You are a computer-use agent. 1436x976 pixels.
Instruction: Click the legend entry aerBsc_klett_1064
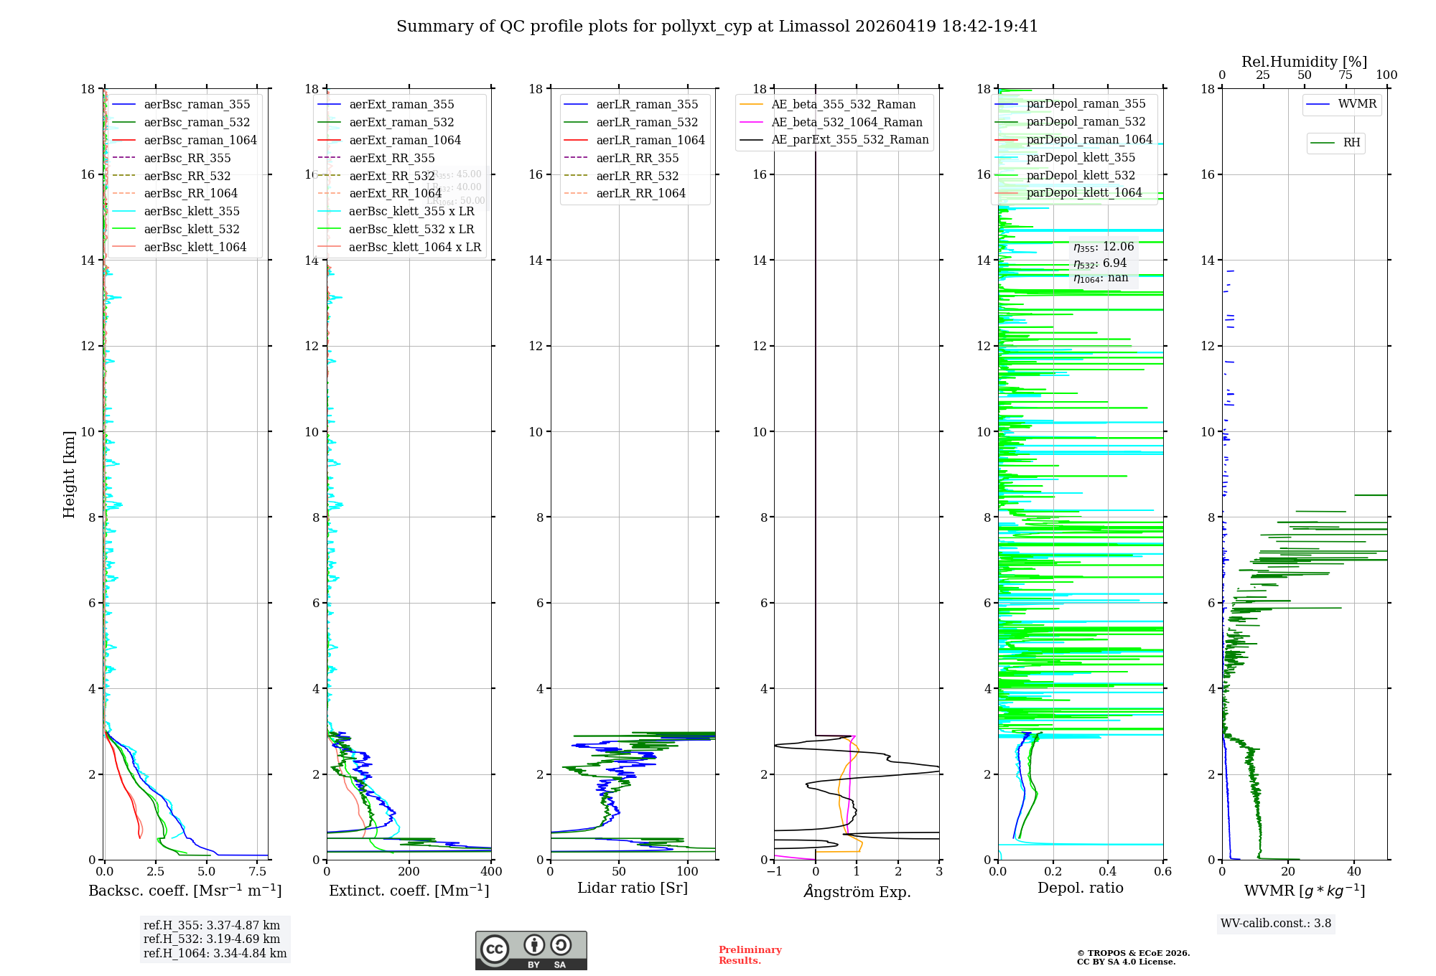click(x=195, y=247)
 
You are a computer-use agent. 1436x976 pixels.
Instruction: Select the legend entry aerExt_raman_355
click(x=401, y=105)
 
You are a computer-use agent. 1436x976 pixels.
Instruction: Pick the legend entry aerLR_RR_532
click(x=637, y=176)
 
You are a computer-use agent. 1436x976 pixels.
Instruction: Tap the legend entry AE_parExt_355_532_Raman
click(x=849, y=140)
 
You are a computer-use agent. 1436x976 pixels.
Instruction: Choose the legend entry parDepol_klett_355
click(x=1081, y=157)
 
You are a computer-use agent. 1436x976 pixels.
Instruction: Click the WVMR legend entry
click(x=1357, y=104)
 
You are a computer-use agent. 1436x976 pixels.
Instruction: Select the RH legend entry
click(x=1351, y=143)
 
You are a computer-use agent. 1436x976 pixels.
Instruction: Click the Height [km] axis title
click(x=69, y=474)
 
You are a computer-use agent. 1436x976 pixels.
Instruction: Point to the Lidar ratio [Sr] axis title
click(x=633, y=888)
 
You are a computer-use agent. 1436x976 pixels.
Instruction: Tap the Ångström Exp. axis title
click(x=857, y=891)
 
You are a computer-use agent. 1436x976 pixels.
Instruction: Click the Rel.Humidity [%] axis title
click(x=1304, y=62)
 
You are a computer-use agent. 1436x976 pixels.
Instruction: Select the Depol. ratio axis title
click(x=1080, y=888)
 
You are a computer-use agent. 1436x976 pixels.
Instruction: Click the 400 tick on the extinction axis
click(x=491, y=872)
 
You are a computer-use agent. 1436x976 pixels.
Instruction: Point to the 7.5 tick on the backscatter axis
click(x=258, y=872)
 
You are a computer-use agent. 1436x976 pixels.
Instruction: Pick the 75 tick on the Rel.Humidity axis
click(x=1346, y=75)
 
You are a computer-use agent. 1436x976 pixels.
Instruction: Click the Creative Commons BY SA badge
click(x=531, y=951)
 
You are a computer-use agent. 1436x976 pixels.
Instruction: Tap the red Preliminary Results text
click(x=750, y=955)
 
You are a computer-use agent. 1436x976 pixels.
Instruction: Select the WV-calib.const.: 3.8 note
click(x=1276, y=924)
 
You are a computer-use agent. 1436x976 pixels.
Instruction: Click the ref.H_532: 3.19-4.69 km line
click(x=212, y=939)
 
